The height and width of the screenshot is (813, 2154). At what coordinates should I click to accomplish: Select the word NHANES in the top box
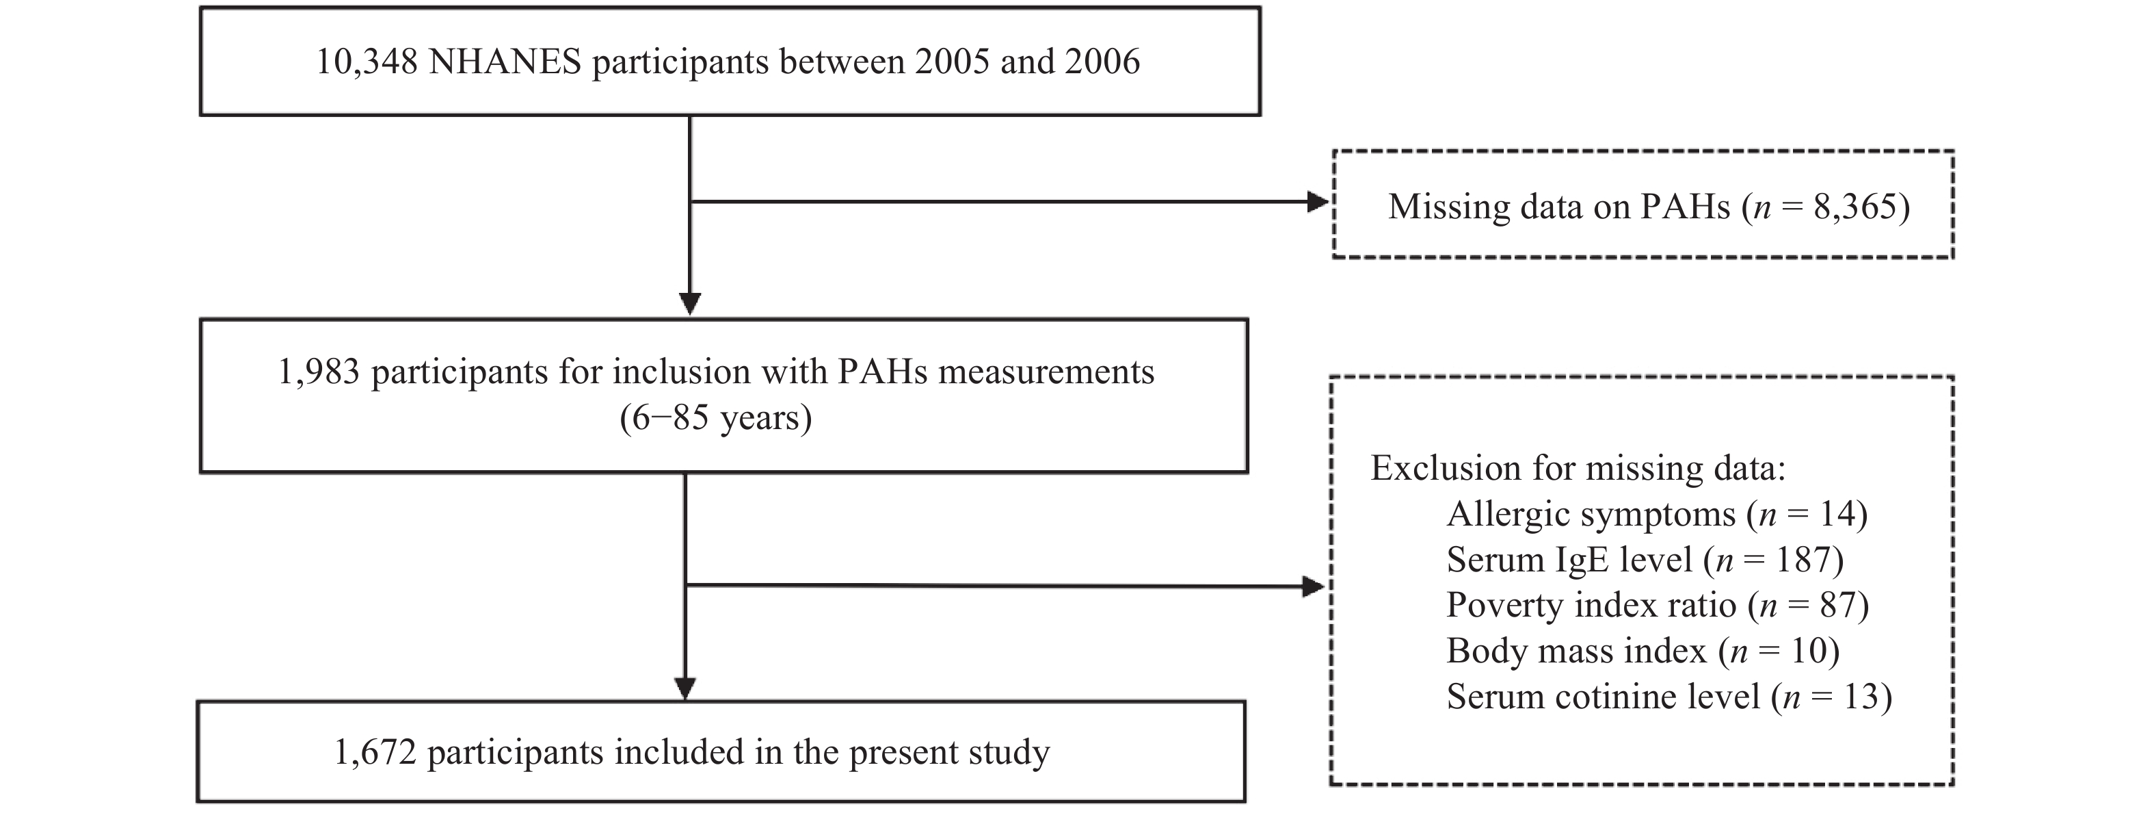[x=505, y=62]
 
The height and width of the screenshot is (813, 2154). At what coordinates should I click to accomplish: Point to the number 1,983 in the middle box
[x=319, y=372]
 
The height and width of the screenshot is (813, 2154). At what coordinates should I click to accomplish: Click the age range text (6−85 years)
[x=716, y=417]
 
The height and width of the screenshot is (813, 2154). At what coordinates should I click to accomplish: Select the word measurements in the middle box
[x=1046, y=372]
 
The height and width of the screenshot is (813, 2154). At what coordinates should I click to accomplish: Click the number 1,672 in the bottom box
[x=375, y=753]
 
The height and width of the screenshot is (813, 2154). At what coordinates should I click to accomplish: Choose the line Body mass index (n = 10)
[x=1643, y=651]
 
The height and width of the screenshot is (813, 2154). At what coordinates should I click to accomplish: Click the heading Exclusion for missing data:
[x=1578, y=468]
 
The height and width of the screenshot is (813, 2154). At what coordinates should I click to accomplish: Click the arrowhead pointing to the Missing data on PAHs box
[x=1318, y=202]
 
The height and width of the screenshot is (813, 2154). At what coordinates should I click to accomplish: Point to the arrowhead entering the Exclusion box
[x=1314, y=586]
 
